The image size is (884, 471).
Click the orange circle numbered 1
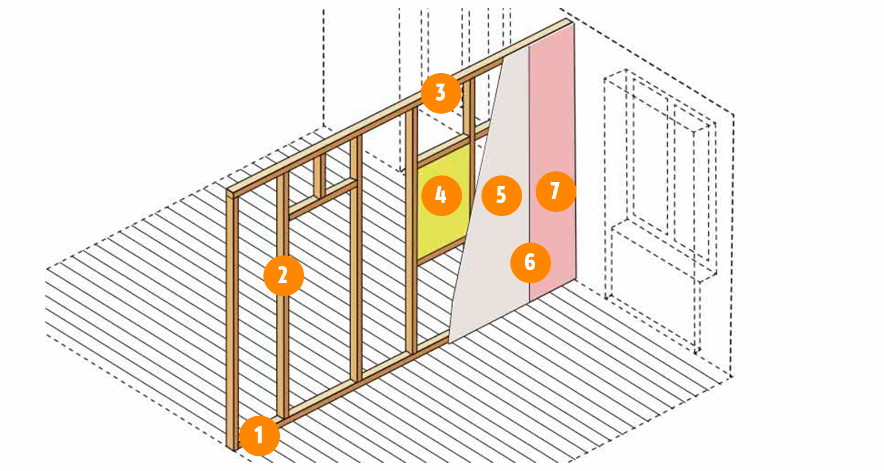tap(259, 436)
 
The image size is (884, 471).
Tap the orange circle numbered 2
tap(283, 276)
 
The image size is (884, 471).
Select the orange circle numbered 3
tap(441, 94)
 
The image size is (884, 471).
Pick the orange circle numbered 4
tap(441, 195)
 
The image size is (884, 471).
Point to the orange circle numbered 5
tap(502, 195)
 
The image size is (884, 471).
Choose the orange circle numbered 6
tap(530, 263)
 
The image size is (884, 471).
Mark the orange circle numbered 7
tap(556, 191)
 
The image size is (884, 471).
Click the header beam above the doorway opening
tap(323, 200)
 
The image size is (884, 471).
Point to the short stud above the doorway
tap(319, 176)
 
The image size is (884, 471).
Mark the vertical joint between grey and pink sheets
tap(529, 174)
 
